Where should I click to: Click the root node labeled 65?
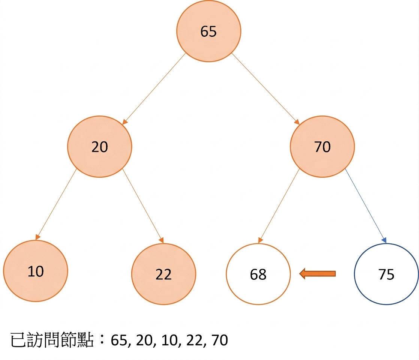[208, 31]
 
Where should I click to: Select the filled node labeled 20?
[99, 147]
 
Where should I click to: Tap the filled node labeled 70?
[322, 147]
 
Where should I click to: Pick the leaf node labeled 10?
[36, 271]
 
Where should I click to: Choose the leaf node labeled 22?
[163, 274]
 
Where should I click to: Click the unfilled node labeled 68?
[258, 274]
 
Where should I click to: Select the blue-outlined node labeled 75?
[386, 274]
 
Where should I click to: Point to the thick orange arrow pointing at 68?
[317, 274]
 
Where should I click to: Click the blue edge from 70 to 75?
[365, 205]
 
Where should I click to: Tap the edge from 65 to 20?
[154, 89]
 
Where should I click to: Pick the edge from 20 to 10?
[56, 205]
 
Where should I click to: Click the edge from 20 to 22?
[143, 206]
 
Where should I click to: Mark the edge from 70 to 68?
[279, 206]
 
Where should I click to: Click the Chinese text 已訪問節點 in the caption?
[52, 340]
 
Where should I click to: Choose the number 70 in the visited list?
[220, 340]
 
